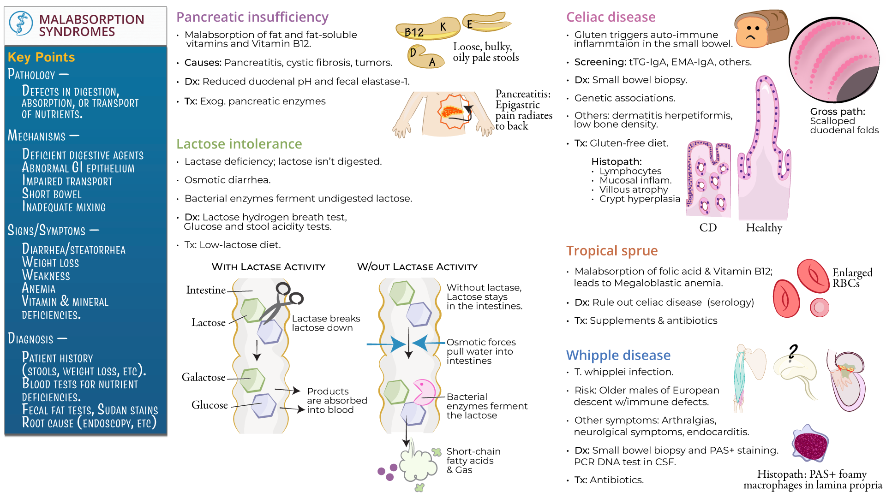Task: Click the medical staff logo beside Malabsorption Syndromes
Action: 21,24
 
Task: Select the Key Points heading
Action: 41,57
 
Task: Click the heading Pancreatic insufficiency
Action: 252,17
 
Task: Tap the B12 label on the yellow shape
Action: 414,33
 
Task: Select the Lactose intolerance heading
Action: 239,144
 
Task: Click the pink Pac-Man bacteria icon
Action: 423,391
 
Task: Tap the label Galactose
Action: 204,377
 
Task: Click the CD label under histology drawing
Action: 708,228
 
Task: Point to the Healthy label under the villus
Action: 764,228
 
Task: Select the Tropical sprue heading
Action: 611,251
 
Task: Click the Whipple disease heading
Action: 618,355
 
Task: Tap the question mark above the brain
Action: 793,352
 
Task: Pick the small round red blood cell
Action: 819,307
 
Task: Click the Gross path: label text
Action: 837,112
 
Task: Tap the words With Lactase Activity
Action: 268,267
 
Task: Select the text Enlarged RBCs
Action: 852,278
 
